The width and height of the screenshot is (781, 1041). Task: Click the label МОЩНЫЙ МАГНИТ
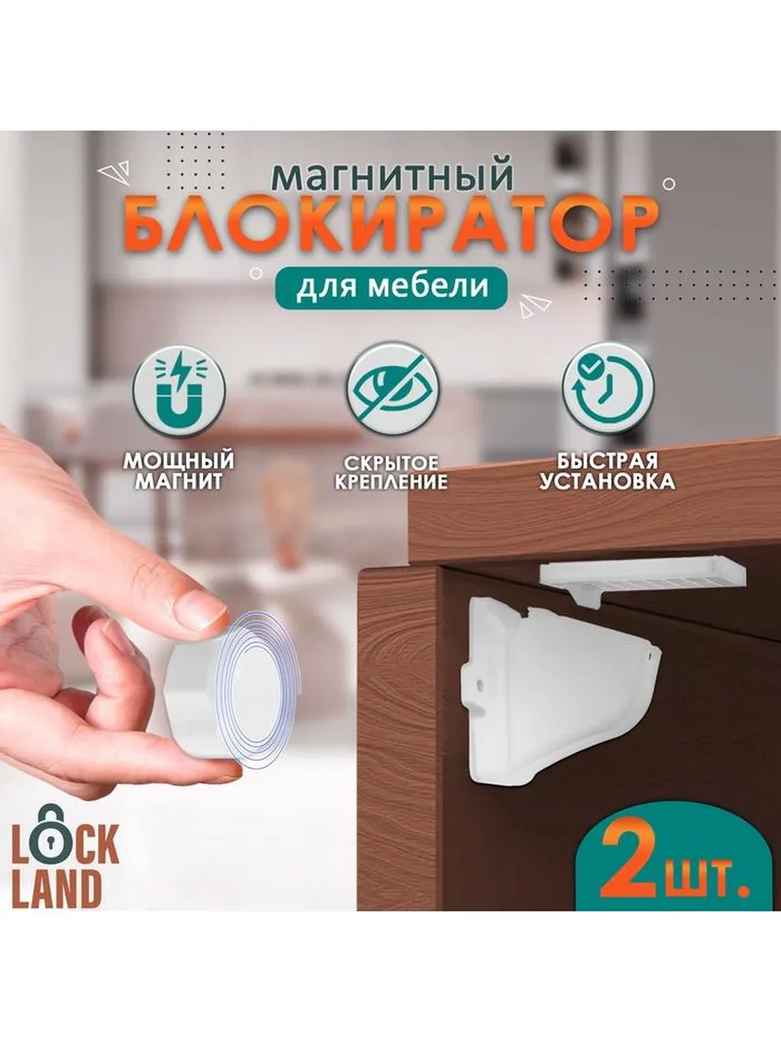point(179,471)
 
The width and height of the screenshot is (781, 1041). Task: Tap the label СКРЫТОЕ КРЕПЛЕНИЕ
point(391,473)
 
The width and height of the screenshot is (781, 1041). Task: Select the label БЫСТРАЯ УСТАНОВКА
point(607,471)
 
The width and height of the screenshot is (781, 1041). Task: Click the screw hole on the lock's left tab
point(482,684)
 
